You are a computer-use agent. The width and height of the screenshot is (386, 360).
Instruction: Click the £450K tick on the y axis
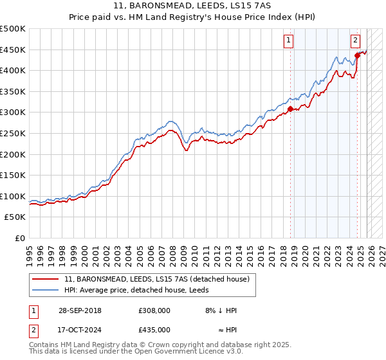(x=14, y=50)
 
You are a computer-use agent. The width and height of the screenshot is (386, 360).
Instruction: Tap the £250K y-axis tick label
(x=14, y=133)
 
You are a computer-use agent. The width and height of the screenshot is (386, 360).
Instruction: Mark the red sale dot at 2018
(x=290, y=109)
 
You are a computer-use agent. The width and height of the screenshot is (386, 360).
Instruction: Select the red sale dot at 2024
(x=357, y=55)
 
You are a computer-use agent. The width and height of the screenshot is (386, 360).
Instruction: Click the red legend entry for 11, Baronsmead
(x=160, y=278)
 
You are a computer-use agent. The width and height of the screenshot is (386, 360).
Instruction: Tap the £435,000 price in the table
(x=154, y=329)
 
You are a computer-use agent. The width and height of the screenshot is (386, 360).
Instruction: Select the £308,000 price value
(x=154, y=310)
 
